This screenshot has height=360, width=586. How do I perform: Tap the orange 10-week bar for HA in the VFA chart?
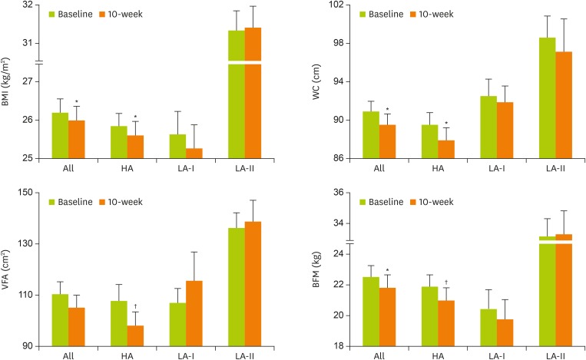pos(136,335)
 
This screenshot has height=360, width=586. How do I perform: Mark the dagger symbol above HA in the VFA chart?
pos(136,305)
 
